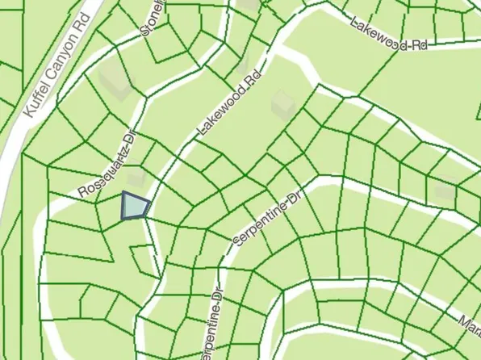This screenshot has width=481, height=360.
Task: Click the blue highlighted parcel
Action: coord(133,207)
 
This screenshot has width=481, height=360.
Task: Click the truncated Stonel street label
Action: coord(152,18)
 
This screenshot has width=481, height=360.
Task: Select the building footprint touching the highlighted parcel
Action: coord(138,179)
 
